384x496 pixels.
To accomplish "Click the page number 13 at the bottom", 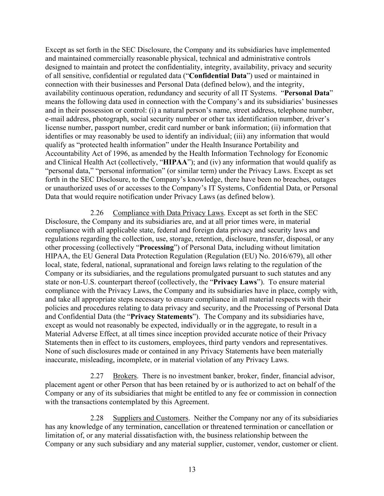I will (x=192, y=469).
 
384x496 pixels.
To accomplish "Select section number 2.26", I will (x=97, y=213).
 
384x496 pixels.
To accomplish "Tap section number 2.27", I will (x=97, y=376).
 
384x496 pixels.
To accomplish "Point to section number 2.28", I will (x=97, y=418).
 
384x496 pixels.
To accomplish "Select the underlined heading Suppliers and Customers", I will (x=150, y=418).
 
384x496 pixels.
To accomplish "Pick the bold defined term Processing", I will (x=157, y=247).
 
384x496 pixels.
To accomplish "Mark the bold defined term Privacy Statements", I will (x=161, y=316).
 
